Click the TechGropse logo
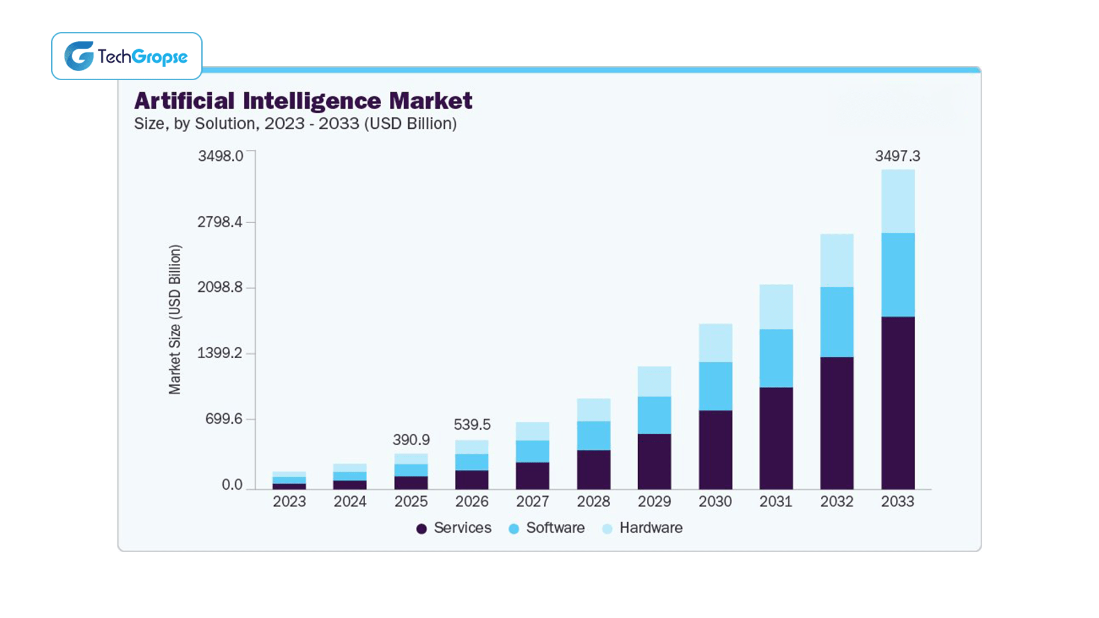[x=126, y=56]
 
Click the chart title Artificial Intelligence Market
[x=303, y=101]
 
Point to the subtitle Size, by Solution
[x=295, y=124]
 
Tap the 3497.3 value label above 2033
[x=897, y=156]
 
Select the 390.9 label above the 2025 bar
[x=411, y=440]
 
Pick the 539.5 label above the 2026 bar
[x=472, y=425]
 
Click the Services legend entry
[x=454, y=528]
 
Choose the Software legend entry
[x=547, y=528]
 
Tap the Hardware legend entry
[x=643, y=528]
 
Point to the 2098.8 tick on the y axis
[x=220, y=287]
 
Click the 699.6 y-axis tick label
[x=224, y=419]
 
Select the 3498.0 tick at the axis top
[x=220, y=156]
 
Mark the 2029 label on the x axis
[x=654, y=502]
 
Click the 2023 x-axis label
[x=289, y=502]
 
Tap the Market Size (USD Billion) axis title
[x=175, y=319]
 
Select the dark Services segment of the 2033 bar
[x=898, y=403]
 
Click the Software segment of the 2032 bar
[x=836, y=322]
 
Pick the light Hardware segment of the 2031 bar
[x=776, y=307]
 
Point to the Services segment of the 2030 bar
[x=715, y=450]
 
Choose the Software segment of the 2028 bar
[x=594, y=435]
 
